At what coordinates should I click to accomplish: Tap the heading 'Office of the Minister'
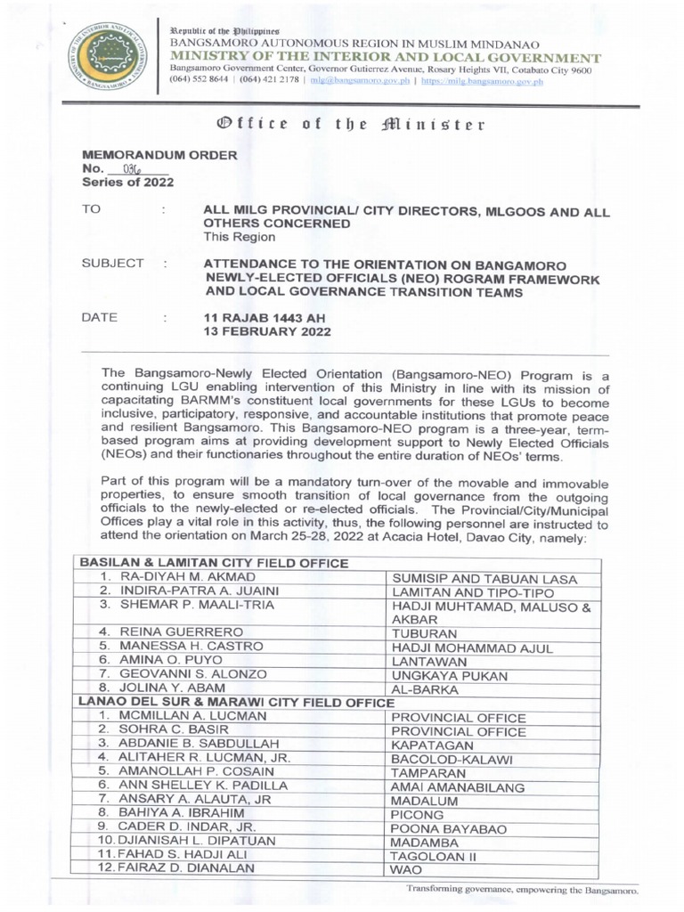342,124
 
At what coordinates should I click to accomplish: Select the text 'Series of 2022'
127,182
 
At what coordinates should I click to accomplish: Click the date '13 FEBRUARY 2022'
268,332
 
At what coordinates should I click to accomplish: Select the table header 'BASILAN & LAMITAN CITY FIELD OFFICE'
214,564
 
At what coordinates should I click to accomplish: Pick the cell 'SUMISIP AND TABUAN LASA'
484,580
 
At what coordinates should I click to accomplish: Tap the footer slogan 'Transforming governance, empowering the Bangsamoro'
523,890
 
